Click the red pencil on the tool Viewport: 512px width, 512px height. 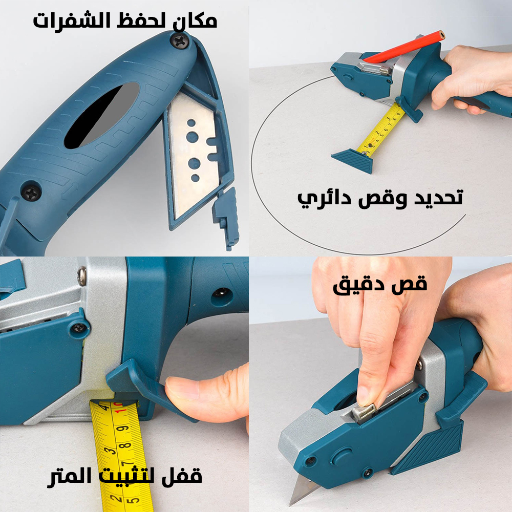coord(404,47)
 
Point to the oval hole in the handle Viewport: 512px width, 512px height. coord(102,115)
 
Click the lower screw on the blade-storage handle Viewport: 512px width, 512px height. coord(32,193)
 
